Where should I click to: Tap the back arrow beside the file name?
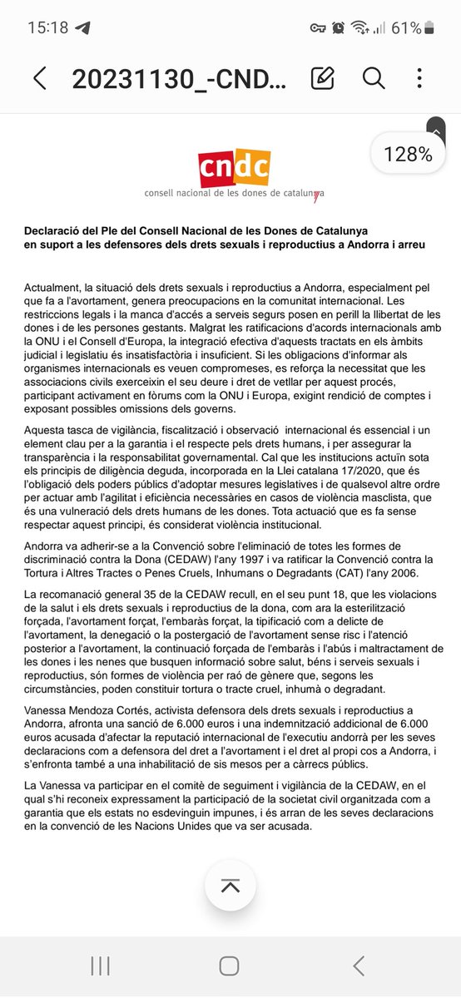(39, 79)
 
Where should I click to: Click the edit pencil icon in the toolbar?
(322, 79)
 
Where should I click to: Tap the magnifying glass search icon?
(374, 79)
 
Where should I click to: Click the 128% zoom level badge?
(408, 154)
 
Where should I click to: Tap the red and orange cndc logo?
(234, 169)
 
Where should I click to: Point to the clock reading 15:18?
(47, 27)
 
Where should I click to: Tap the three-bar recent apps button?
(100, 965)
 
